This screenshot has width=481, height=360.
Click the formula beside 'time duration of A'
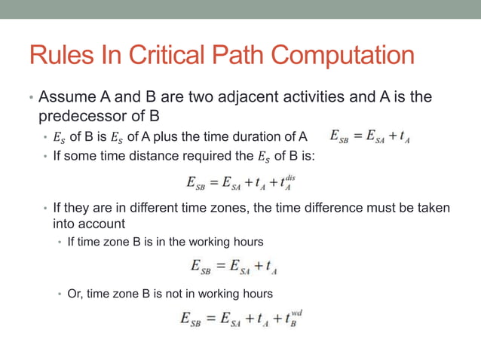coord(369,137)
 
